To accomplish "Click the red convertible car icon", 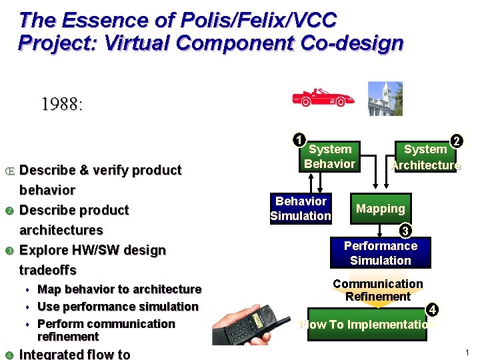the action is click(x=323, y=97).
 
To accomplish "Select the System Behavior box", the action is click(x=330, y=157).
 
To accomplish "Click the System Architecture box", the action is click(x=425, y=157).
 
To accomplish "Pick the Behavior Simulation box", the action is click(x=301, y=208).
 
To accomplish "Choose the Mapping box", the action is click(x=381, y=209).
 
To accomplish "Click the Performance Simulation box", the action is click(x=381, y=253).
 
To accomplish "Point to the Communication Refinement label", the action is click(x=378, y=290).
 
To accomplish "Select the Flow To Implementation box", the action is click(x=367, y=325).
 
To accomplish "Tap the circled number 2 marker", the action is click(x=456, y=141).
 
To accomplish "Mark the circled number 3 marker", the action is click(x=404, y=231).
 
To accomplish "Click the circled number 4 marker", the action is click(x=432, y=309).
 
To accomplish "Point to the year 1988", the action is click(x=62, y=105).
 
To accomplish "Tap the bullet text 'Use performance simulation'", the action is click(x=118, y=307).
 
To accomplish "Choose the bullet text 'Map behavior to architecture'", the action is click(x=119, y=289).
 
